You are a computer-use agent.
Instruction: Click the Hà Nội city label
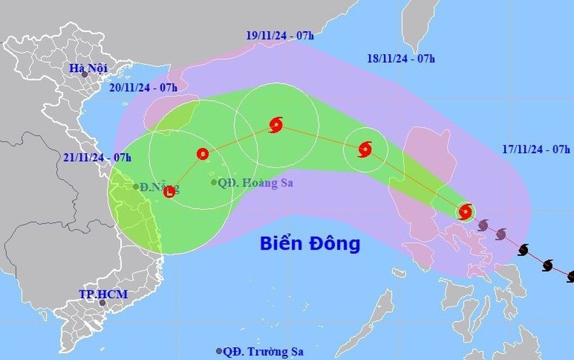click(x=89, y=68)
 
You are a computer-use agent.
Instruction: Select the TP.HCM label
click(x=103, y=294)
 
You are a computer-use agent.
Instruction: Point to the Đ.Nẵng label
click(x=160, y=187)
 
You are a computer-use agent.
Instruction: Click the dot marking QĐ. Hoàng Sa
click(x=214, y=183)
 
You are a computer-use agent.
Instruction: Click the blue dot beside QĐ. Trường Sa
click(x=219, y=351)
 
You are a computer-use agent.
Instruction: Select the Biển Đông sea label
click(x=310, y=243)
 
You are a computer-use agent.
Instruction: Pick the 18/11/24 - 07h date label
click(x=401, y=59)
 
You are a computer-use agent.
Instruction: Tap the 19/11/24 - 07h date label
click(x=280, y=36)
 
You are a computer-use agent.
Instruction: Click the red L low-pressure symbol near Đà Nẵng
click(x=170, y=191)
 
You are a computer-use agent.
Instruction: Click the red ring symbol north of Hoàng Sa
click(x=202, y=153)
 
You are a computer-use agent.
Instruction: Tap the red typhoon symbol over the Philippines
click(x=466, y=211)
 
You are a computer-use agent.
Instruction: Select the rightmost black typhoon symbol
click(x=570, y=276)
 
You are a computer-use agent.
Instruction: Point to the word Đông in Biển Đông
click(x=337, y=243)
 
